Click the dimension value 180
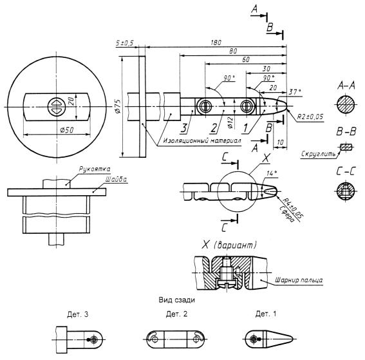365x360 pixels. pyautogui.click(x=216, y=43)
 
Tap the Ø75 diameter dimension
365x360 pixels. pyautogui.click(x=118, y=106)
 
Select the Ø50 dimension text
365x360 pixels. pyautogui.click(x=66, y=130)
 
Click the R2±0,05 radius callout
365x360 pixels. pyautogui.click(x=310, y=117)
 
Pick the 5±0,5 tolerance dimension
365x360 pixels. pyautogui.click(x=124, y=43)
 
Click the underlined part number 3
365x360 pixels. pyautogui.click(x=184, y=128)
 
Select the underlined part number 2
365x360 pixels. pyautogui.click(x=214, y=128)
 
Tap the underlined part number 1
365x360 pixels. pyautogui.click(x=245, y=128)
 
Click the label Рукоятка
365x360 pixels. pyautogui.click(x=95, y=169)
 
